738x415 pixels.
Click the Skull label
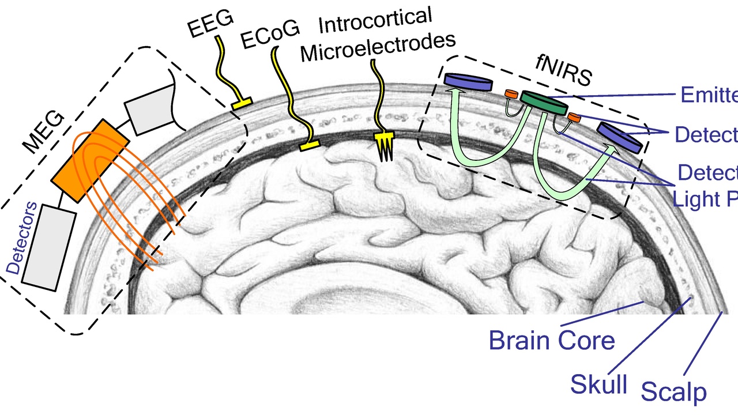click(x=599, y=383)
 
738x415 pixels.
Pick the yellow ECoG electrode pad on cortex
click(x=310, y=146)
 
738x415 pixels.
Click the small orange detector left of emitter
click(x=511, y=93)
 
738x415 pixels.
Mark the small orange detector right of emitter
click(x=574, y=118)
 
